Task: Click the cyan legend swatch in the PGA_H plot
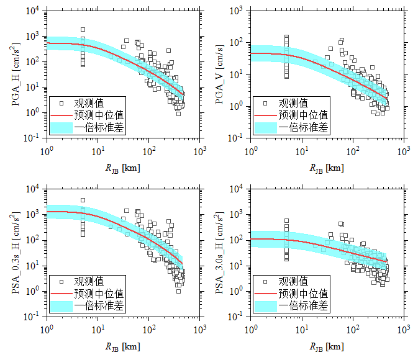(62, 127)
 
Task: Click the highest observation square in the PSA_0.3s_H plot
(83, 200)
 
